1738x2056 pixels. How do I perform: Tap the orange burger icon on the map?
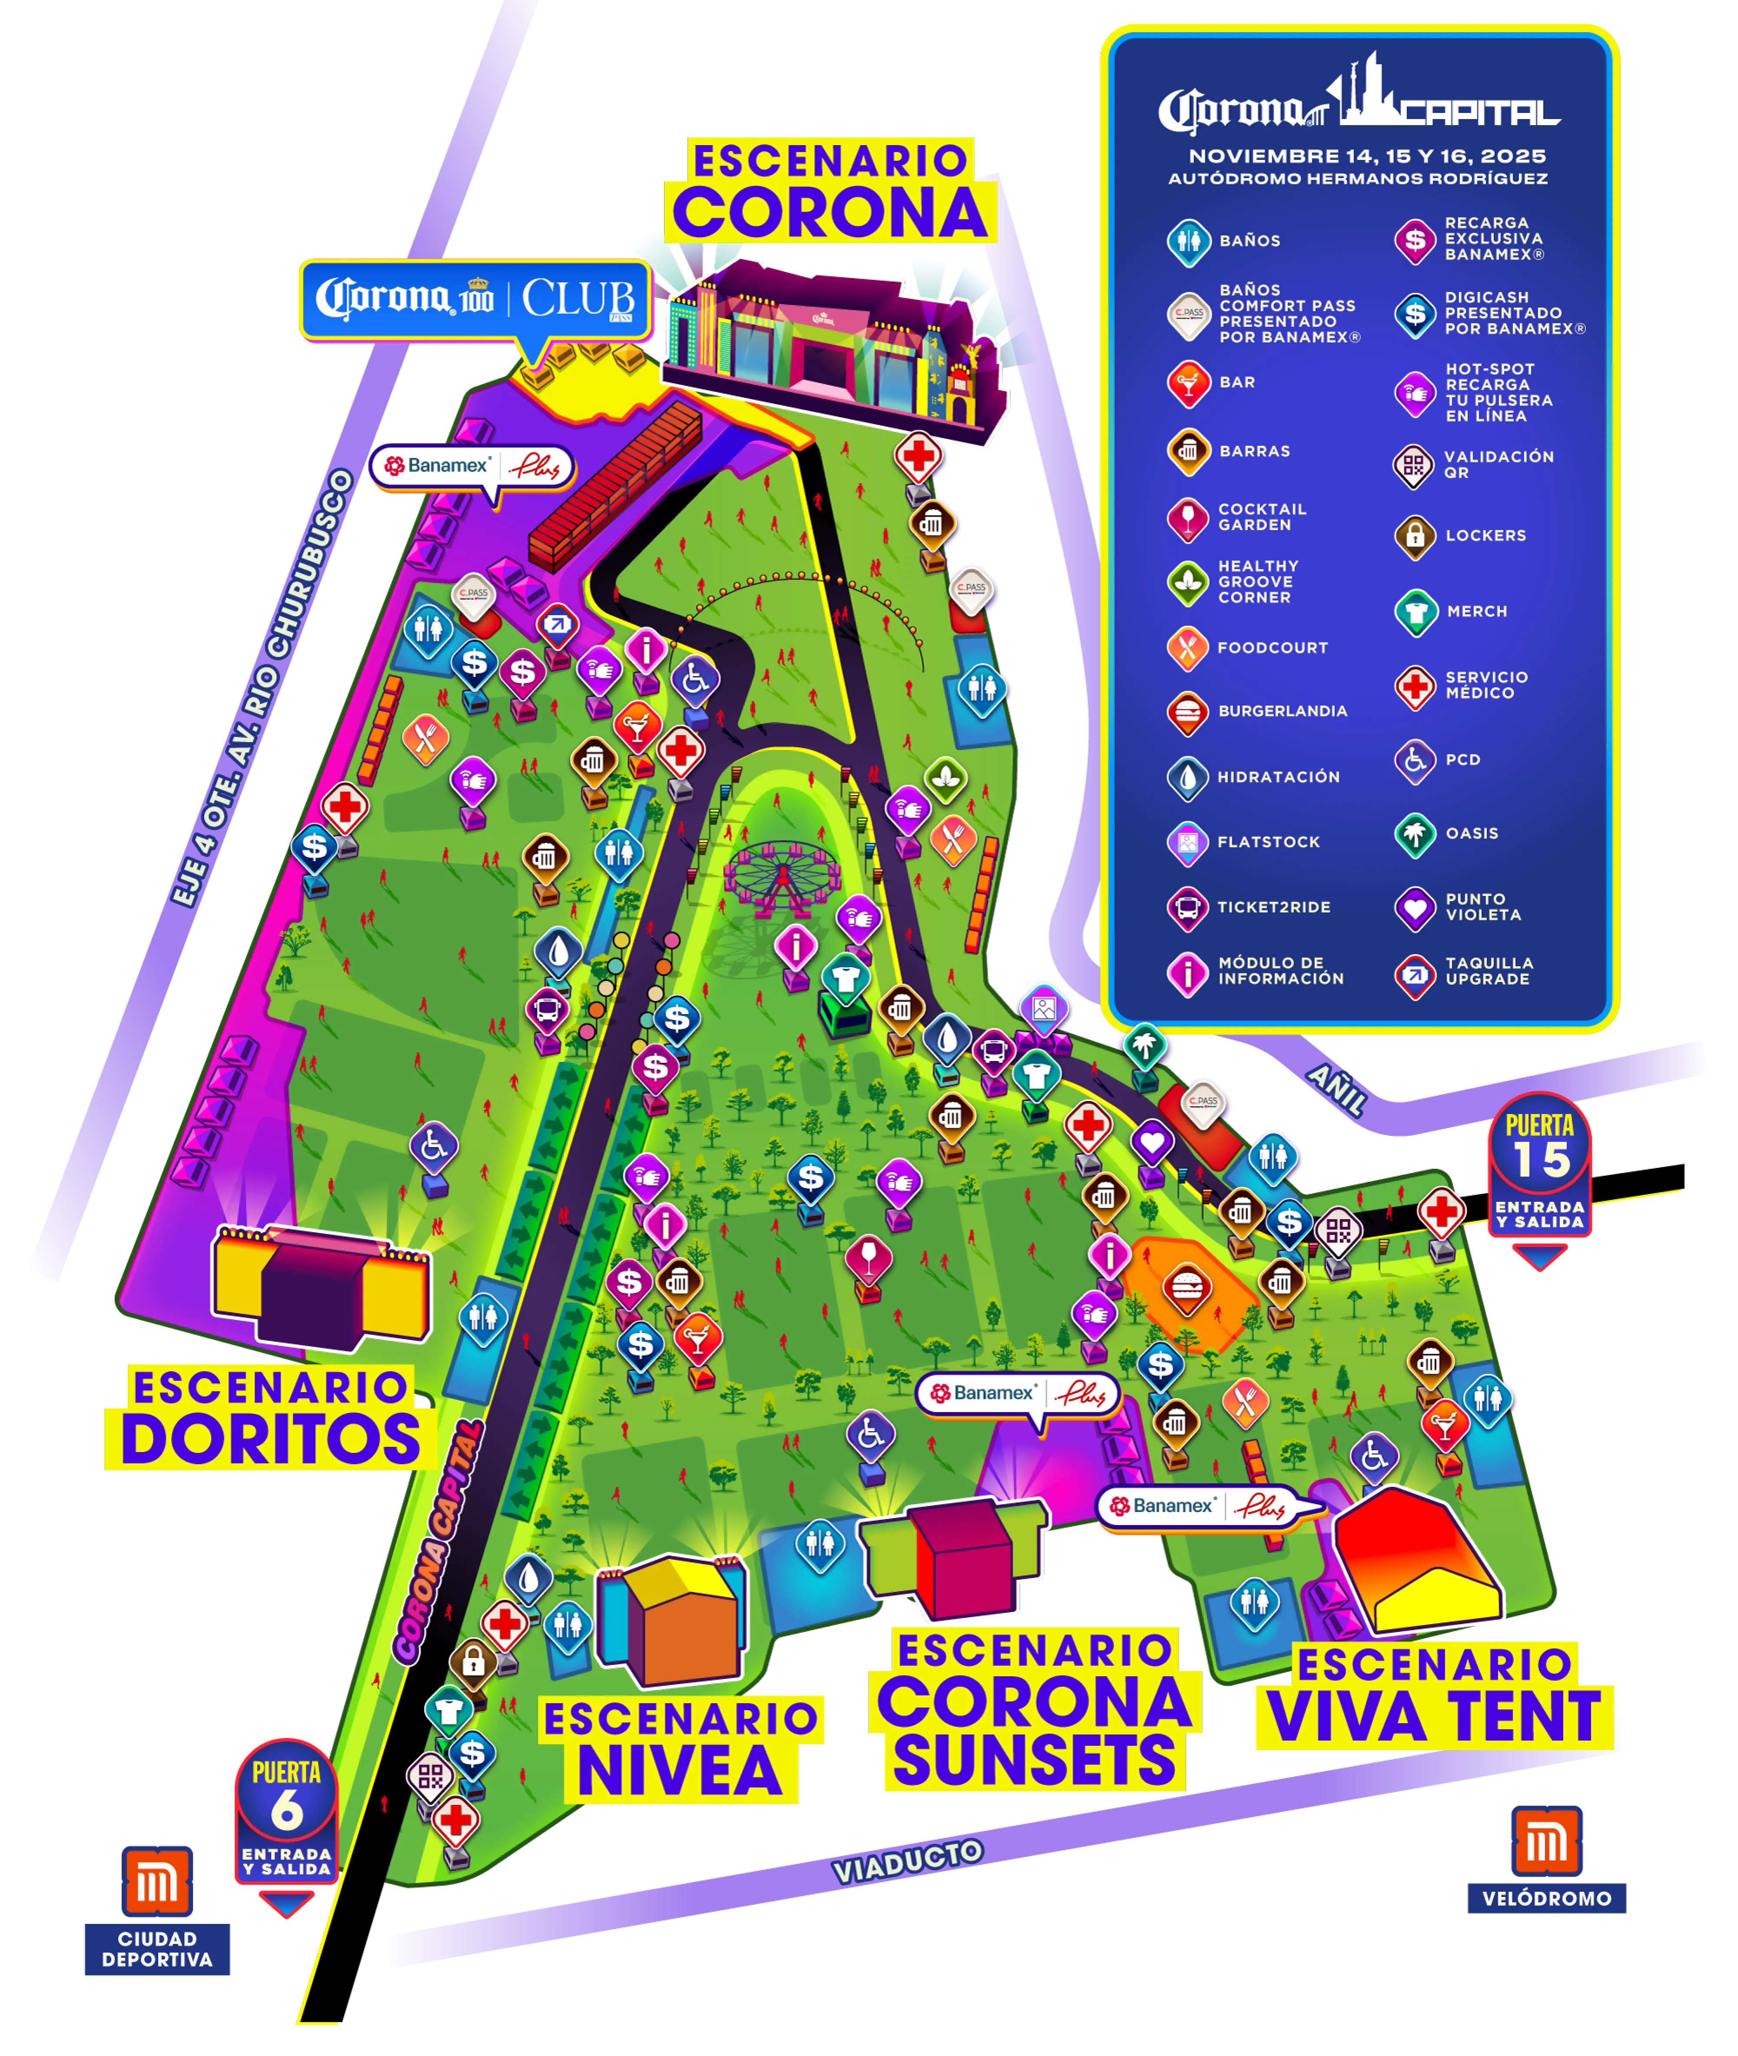(x=1187, y=1289)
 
